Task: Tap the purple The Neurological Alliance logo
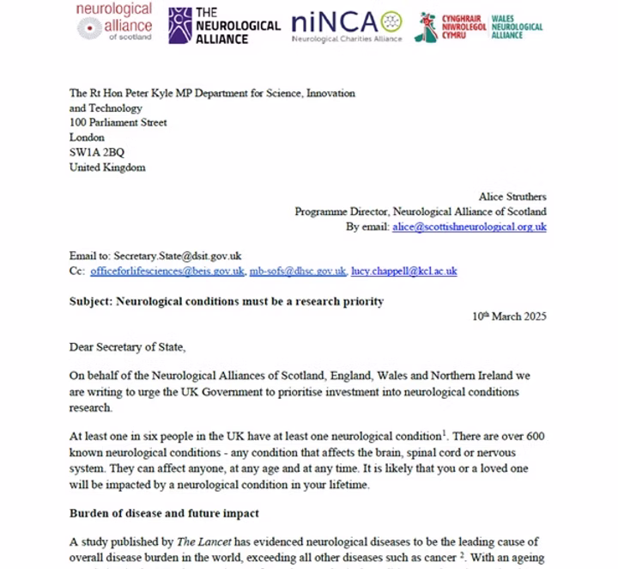tap(223, 25)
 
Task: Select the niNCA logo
tap(346, 25)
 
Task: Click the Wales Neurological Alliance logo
tap(478, 26)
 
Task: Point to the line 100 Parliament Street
tap(118, 123)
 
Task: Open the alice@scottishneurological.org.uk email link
tap(469, 227)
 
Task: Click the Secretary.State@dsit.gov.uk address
tap(177, 256)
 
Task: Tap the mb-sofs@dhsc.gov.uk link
tap(298, 272)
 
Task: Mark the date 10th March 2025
tap(509, 316)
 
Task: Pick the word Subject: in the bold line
tap(93, 302)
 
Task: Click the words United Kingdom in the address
tap(107, 168)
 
